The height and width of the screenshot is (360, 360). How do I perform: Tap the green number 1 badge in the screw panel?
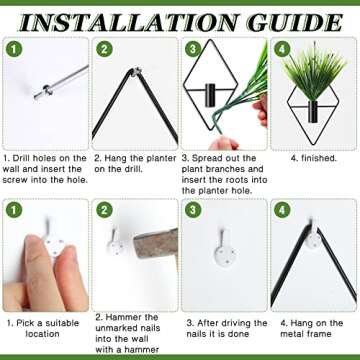(x=13, y=49)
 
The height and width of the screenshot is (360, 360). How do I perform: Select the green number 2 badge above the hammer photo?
(x=104, y=211)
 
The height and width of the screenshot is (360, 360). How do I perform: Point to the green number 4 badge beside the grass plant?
(x=282, y=49)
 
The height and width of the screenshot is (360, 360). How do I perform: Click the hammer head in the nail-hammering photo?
(x=156, y=242)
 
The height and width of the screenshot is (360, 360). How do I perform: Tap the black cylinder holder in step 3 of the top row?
(x=210, y=95)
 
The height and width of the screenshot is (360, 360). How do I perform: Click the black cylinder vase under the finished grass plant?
(x=313, y=112)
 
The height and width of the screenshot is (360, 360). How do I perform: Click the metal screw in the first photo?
(x=61, y=82)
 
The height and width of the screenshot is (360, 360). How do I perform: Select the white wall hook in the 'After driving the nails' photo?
(x=224, y=250)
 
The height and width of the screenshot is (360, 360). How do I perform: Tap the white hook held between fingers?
(x=53, y=244)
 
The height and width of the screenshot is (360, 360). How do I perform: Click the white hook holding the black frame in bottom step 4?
(x=313, y=237)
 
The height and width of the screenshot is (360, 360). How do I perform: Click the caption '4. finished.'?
(x=314, y=158)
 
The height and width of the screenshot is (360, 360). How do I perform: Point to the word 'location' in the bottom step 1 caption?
(x=43, y=334)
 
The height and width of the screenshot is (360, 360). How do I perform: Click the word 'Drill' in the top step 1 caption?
(x=19, y=158)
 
